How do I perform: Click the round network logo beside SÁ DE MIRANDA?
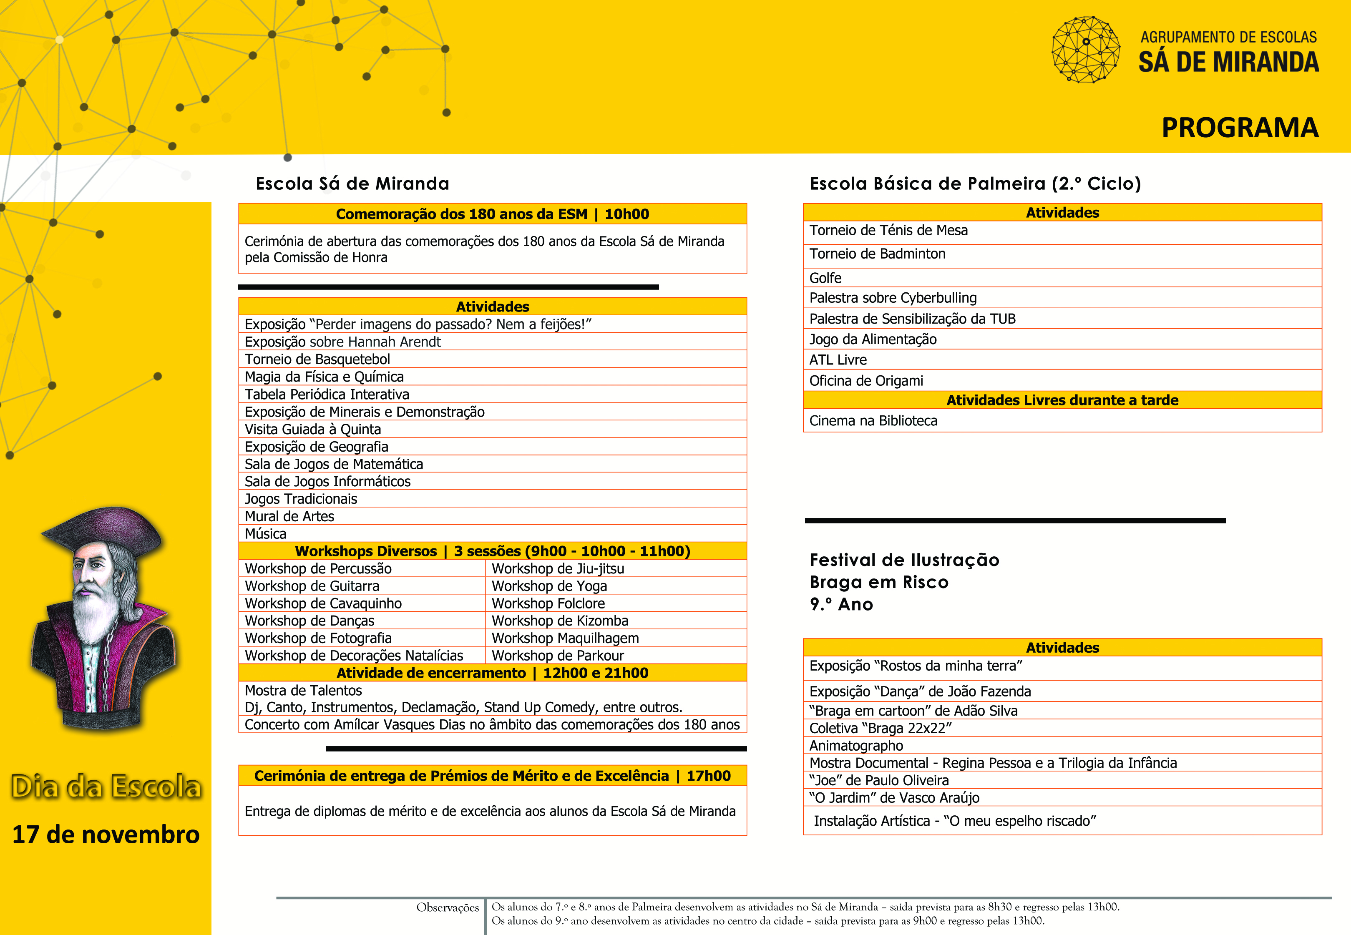(1086, 50)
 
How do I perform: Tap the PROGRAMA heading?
(1240, 128)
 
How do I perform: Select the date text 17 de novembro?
(106, 834)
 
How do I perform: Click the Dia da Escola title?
(106, 786)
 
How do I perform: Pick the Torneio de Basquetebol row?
(317, 359)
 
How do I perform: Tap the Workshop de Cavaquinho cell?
(323, 603)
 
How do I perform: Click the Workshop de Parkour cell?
(557, 656)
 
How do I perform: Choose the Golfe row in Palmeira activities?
(825, 278)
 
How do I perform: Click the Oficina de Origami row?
(866, 381)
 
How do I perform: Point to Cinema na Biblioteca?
(873, 421)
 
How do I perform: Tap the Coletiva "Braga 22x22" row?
(880, 728)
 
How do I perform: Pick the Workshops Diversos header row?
(492, 551)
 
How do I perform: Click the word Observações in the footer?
(448, 907)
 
